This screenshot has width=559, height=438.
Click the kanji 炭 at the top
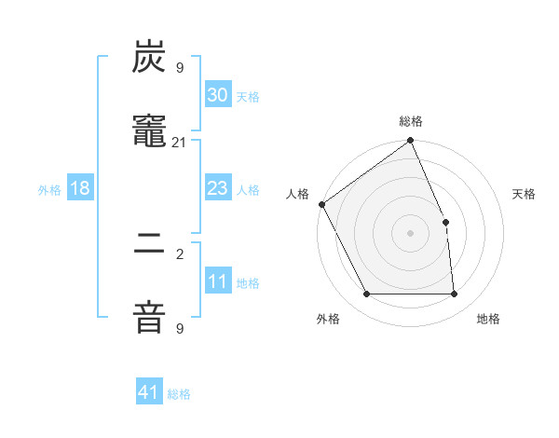pos(150,59)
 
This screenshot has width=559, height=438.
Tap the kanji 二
pos(150,246)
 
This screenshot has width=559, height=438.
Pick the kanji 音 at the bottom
pos(150,318)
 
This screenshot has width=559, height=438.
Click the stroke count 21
pos(179,142)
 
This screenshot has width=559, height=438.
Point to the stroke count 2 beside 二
pos(179,253)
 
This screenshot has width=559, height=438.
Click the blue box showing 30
pos(218,95)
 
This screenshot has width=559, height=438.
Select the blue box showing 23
pos(218,188)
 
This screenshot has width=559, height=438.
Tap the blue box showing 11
pos(218,281)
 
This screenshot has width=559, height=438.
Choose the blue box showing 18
pos(80,188)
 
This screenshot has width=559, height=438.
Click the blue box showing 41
pos(149,392)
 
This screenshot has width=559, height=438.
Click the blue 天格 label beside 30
pos(248,97)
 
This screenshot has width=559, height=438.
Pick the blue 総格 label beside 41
pos(179,394)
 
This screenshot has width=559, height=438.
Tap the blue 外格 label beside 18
pos(49,190)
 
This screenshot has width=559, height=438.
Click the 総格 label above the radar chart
pos(411,121)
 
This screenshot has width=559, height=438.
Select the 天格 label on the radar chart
pos(525,194)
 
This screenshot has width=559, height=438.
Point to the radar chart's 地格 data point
pos(455,294)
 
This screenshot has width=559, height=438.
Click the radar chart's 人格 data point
pos(321,204)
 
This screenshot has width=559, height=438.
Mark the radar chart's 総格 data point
pos(411,141)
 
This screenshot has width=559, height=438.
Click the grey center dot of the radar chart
pos(411,233)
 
